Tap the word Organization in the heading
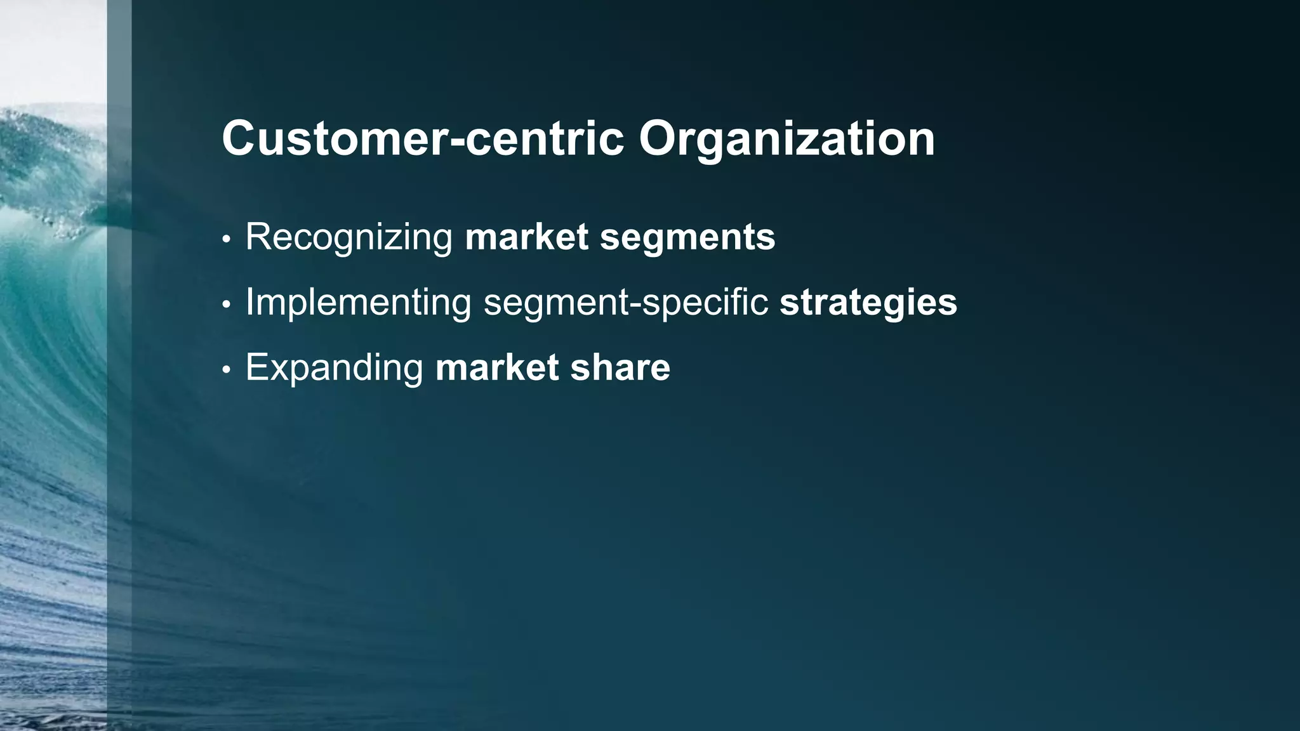coord(786,140)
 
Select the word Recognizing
coord(348,237)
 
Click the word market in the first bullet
coord(527,237)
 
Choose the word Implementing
coord(358,303)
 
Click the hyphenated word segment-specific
coord(626,303)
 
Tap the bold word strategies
coord(868,303)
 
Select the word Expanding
coord(334,368)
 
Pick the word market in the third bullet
coord(497,368)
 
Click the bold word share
coord(620,368)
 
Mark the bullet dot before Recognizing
coord(226,240)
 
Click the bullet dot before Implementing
coord(226,305)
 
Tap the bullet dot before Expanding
coord(226,371)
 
